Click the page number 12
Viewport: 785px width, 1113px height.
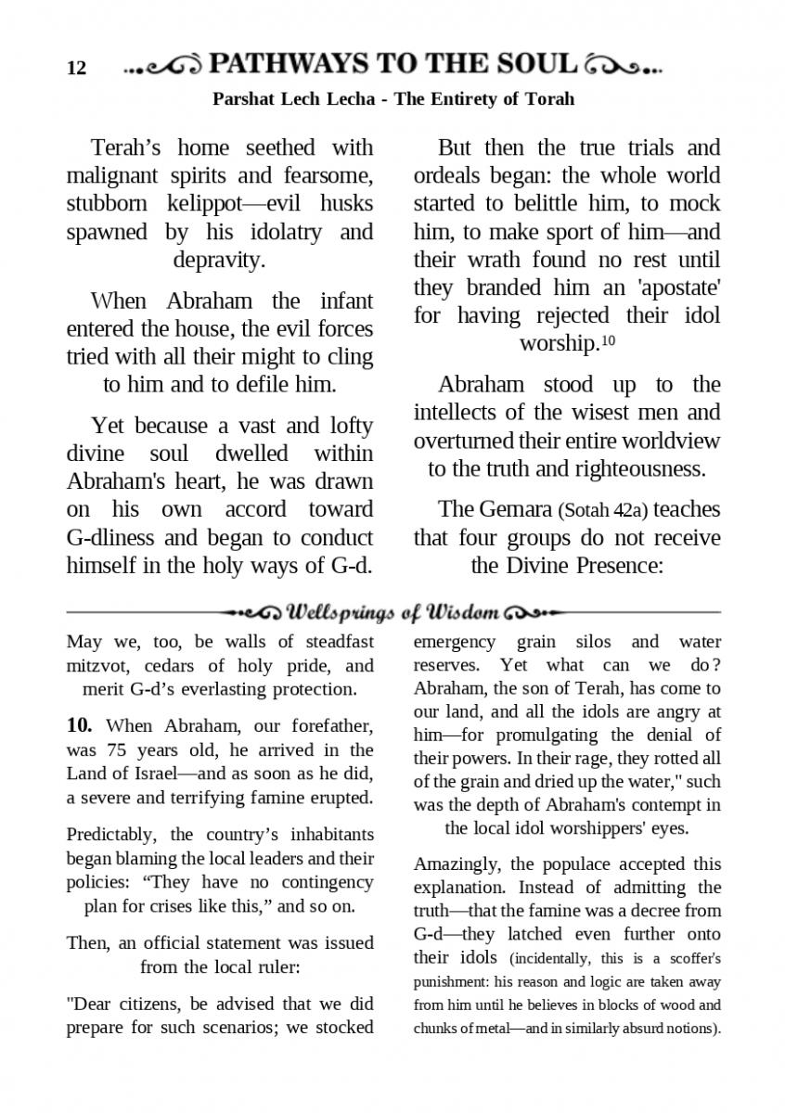point(76,69)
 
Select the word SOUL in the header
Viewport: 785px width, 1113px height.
point(535,64)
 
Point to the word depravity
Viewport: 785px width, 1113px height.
point(219,259)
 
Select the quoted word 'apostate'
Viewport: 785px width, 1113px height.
point(677,288)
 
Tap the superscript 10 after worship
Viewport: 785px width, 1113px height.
point(608,341)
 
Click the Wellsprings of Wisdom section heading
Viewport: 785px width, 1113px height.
point(394,613)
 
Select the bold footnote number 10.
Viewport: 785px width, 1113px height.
point(79,725)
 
